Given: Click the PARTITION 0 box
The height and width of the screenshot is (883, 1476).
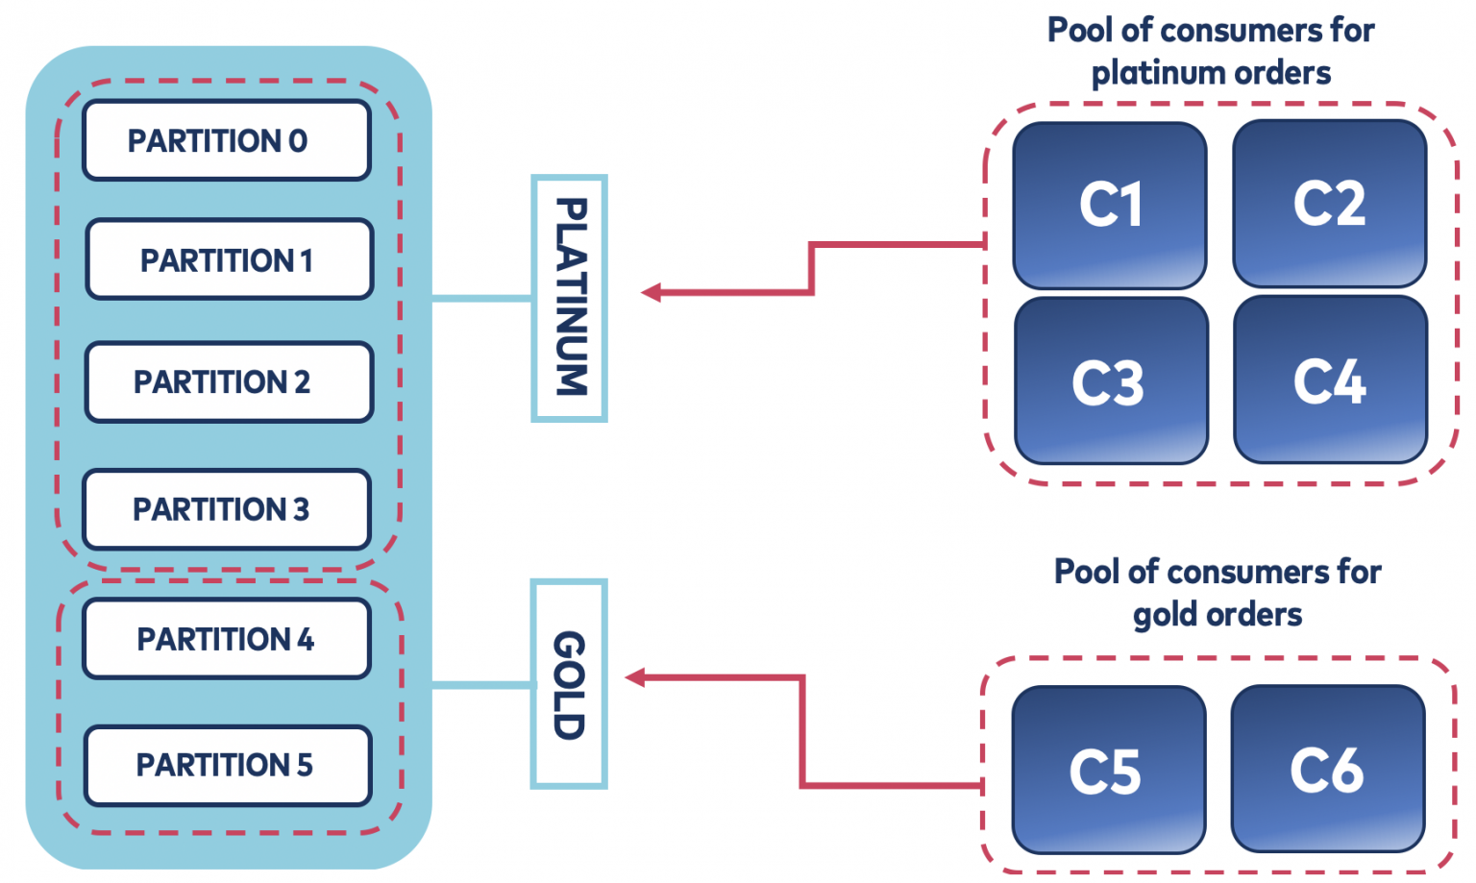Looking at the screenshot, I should [x=227, y=140].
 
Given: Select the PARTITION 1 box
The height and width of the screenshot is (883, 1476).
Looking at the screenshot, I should [x=229, y=259].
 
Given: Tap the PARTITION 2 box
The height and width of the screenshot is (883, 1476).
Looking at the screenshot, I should [x=229, y=381].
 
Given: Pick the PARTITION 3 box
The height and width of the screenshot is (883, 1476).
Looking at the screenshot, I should [x=227, y=508].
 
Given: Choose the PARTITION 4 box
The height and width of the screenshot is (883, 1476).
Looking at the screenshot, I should [x=227, y=639].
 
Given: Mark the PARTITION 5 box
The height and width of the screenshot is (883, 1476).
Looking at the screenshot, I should [x=228, y=765].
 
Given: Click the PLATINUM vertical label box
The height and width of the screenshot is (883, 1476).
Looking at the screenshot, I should [x=569, y=298].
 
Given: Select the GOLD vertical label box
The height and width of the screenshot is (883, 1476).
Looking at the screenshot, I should [x=569, y=684].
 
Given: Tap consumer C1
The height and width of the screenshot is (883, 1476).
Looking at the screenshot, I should [x=1110, y=205].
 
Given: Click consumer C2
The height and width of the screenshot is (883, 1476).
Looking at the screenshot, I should [x=1329, y=203].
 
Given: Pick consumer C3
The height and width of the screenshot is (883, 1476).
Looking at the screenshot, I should [x=1110, y=380].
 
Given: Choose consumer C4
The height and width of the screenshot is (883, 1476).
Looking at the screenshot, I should [x=1330, y=380].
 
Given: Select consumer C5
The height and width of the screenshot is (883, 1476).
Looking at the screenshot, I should [x=1107, y=770].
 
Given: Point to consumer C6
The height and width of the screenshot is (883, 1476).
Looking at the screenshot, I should [x=1327, y=769].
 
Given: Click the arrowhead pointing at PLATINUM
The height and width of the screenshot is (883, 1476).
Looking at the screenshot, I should [x=652, y=292].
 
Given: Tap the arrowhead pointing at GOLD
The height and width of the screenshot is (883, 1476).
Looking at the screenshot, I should [x=635, y=678].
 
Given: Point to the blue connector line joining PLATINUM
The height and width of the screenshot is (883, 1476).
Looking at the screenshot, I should [x=481, y=299].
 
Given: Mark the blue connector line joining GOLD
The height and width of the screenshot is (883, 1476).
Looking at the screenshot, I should [x=481, y=684].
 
